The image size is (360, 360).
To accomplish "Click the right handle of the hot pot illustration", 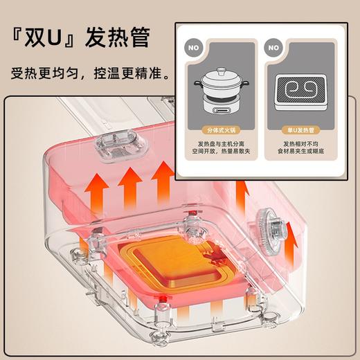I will coord(247,82).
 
